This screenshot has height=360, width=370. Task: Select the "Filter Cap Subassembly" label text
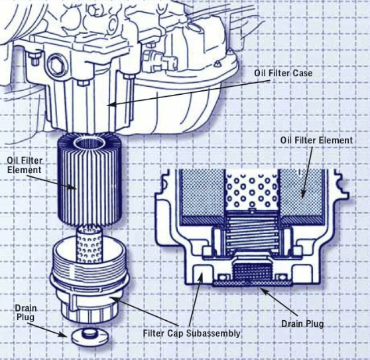[x=192, y=333]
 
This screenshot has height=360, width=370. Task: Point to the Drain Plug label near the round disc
[x=26, y=313]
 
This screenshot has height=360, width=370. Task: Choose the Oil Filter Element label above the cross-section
[x=316, y=140]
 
